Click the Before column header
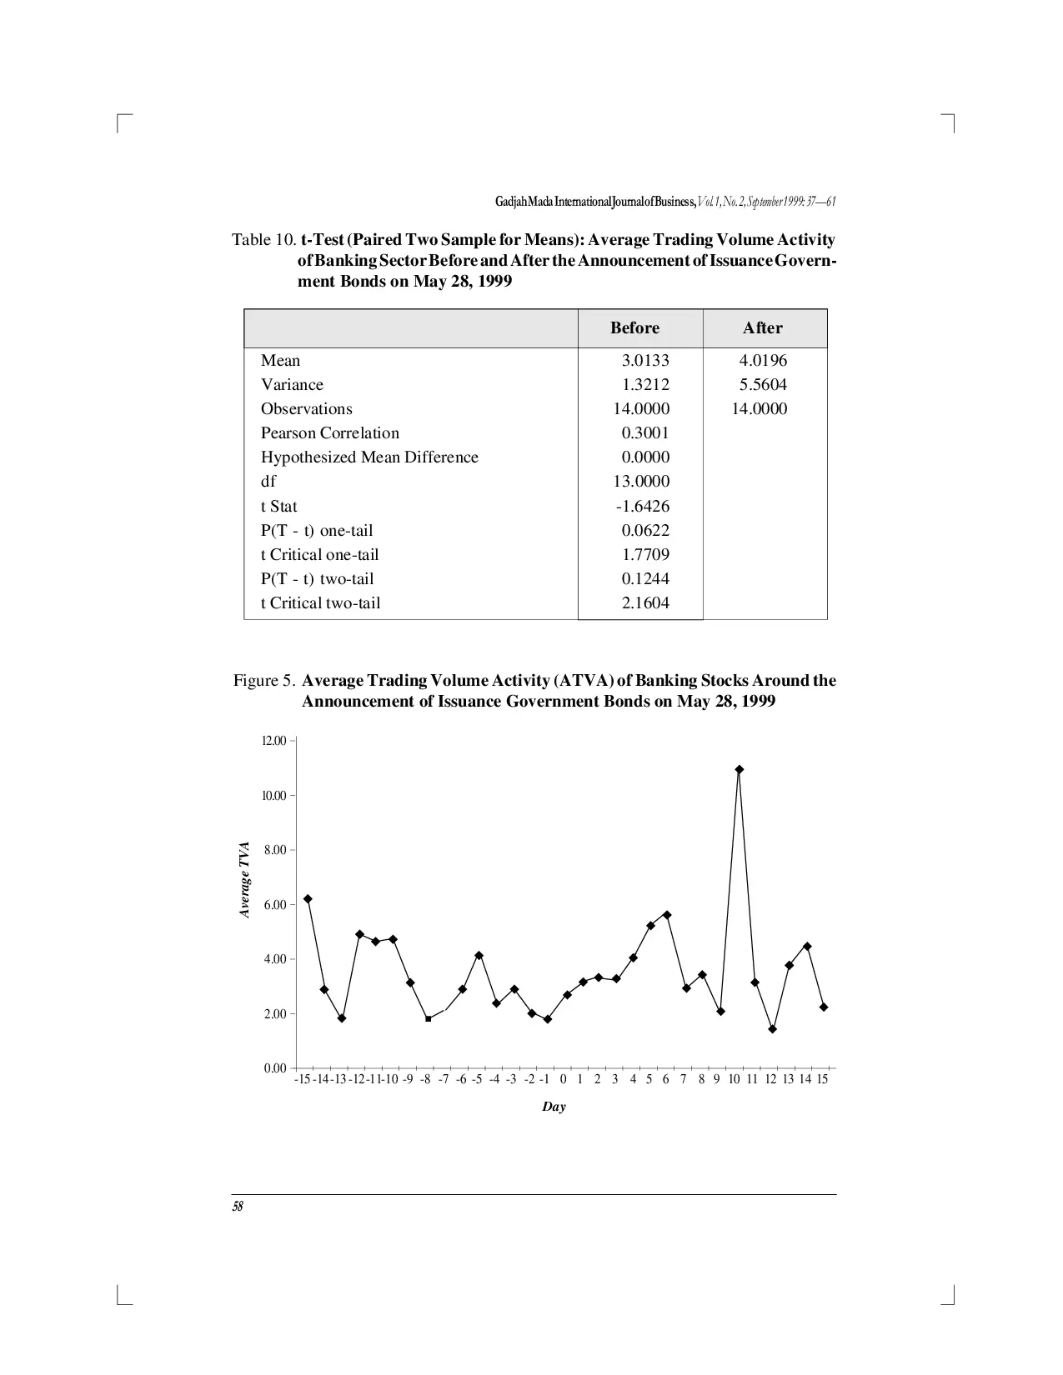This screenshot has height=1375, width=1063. tap(634, 327)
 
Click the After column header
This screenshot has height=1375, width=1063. tap(762, 327)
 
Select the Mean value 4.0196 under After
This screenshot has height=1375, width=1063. tap(762, 360)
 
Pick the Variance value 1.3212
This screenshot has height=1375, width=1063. tap(645, 384)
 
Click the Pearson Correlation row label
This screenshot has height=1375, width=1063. tap(329, 432)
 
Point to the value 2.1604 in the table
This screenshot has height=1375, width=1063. tap(645, 602)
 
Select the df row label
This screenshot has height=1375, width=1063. tap(268, 481)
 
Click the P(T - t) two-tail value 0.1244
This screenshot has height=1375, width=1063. tap(645, 578)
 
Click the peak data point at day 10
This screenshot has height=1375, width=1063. tap(739, 769)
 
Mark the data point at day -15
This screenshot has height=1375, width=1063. tap(308, 898)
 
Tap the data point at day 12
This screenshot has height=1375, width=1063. tap(772, 1028)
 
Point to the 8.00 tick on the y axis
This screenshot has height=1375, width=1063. tap(274, 850)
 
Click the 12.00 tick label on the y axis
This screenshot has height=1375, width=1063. tap(274, 741)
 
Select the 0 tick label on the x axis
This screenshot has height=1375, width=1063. tap(563, 1079)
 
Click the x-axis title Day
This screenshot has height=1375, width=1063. tap(554, 1107)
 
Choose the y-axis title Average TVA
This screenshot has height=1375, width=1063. tap(244, 879)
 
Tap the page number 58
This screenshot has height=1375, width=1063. tap(238, 1206)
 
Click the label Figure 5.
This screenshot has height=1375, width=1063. tap(263, 680)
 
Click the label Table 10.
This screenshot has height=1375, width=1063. tap(263, 240)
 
